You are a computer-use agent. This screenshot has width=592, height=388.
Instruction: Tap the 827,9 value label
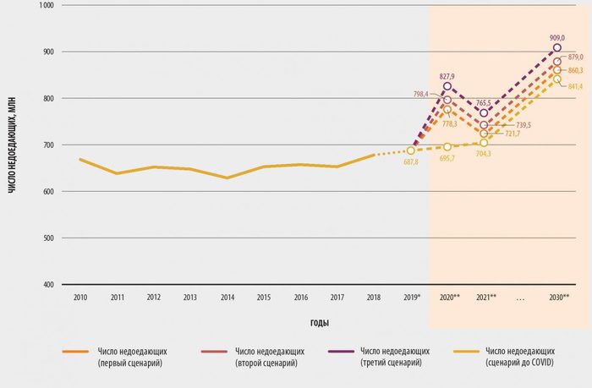point(448,76)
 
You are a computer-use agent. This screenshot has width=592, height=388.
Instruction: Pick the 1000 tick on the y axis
point(46,5)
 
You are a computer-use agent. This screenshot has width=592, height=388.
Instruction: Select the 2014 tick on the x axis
point(227,298)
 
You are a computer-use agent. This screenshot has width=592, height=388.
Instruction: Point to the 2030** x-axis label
point(558,298)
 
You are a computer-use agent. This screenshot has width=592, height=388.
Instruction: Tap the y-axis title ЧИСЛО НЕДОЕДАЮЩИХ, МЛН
point(12,145)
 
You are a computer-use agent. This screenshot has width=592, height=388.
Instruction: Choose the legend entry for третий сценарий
point(394,355)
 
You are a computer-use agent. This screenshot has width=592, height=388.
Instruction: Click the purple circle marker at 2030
point(557,48)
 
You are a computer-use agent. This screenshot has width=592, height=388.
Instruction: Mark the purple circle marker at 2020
point(447,86)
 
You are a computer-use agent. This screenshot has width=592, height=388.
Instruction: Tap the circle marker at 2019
point(411,150)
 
